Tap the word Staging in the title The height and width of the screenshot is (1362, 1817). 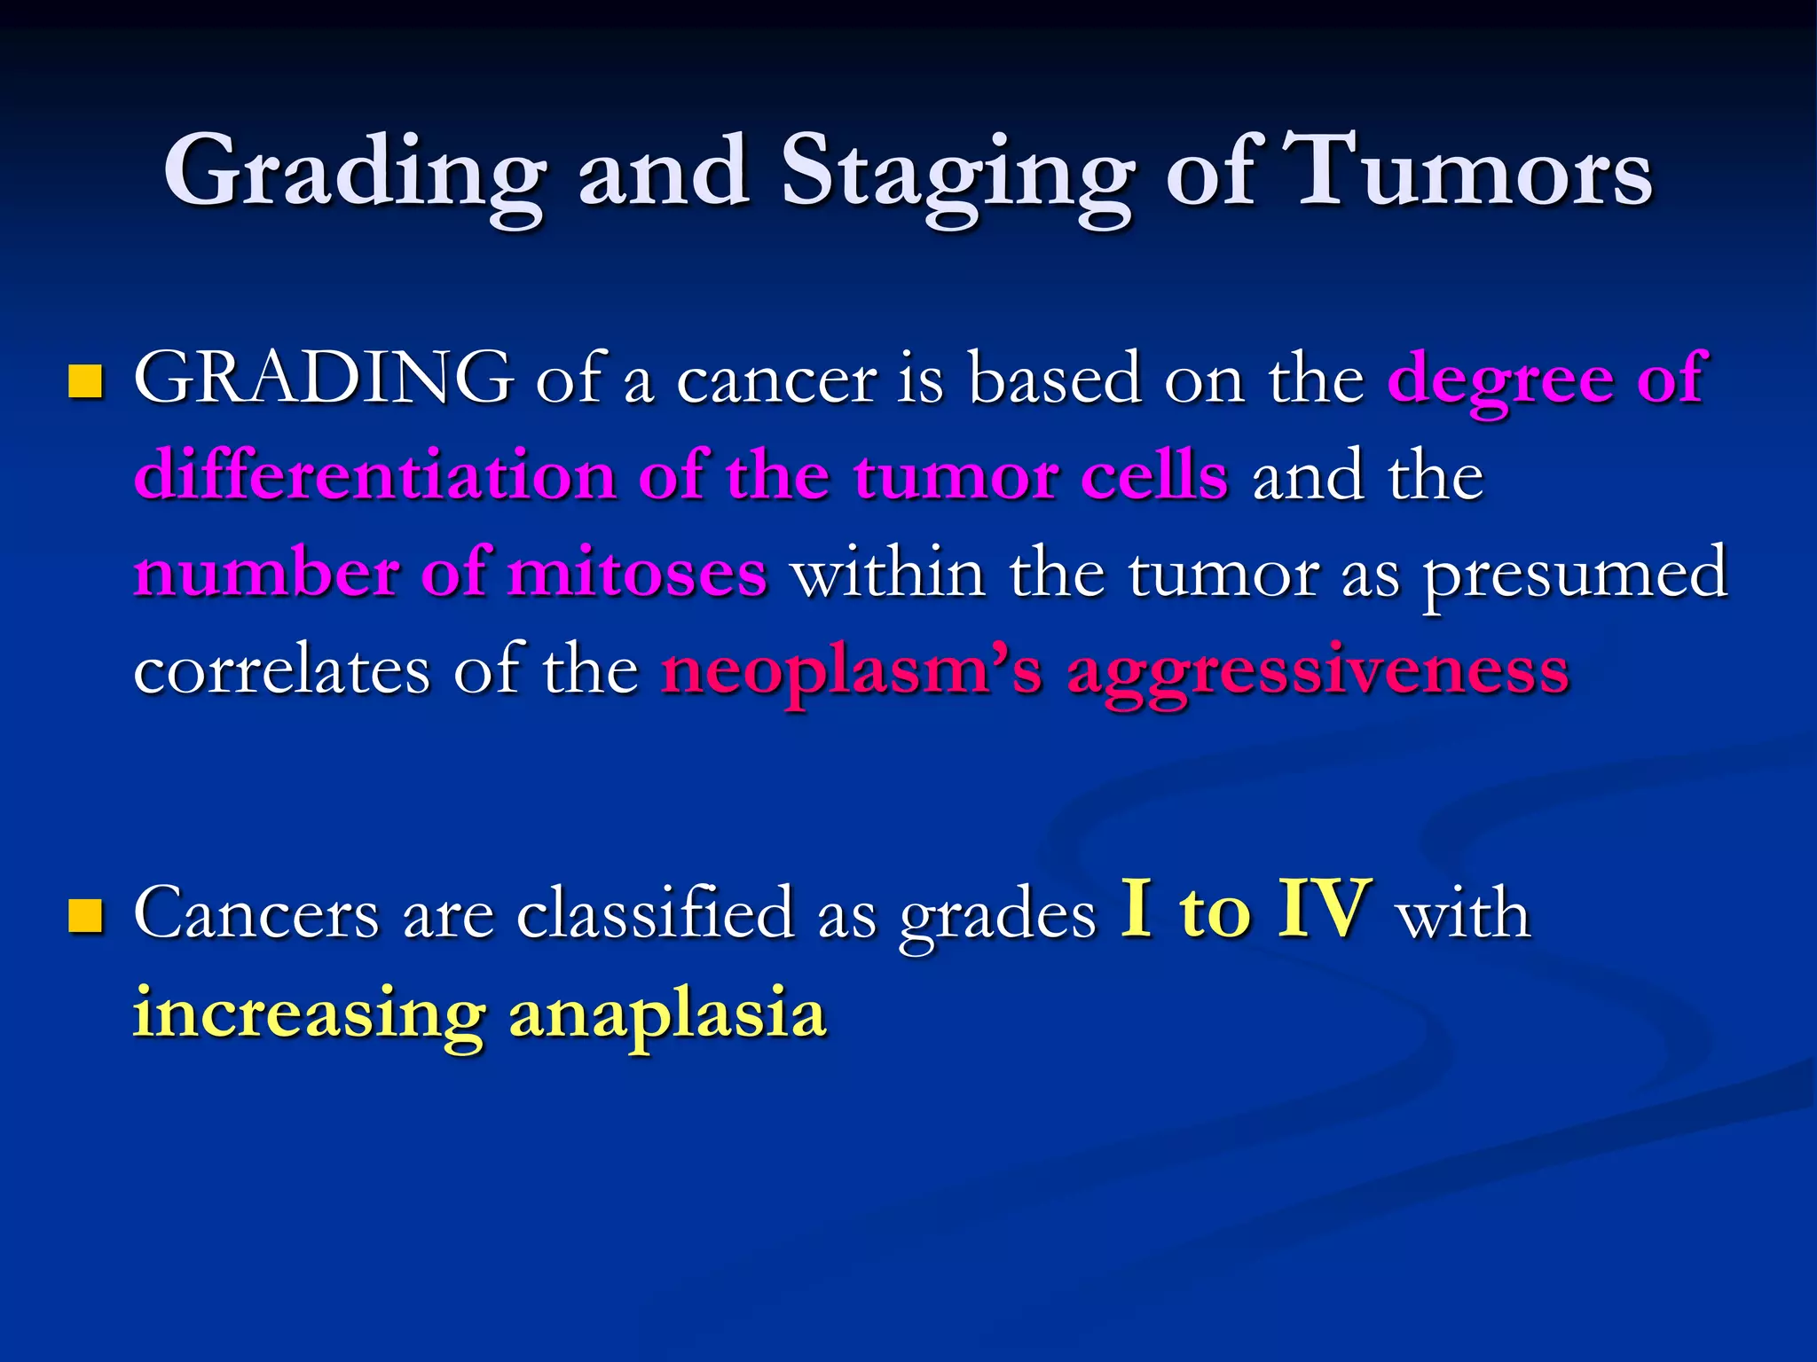[956, 173]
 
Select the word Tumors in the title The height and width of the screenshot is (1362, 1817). [1473, 173]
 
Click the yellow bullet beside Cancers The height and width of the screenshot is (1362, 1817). [86, 916]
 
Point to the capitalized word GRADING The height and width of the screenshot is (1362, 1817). [323, 378]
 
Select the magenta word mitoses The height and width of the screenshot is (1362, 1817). [637, 573]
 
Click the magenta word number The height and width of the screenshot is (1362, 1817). [265, 573]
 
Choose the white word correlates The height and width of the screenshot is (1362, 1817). [282, 670]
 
